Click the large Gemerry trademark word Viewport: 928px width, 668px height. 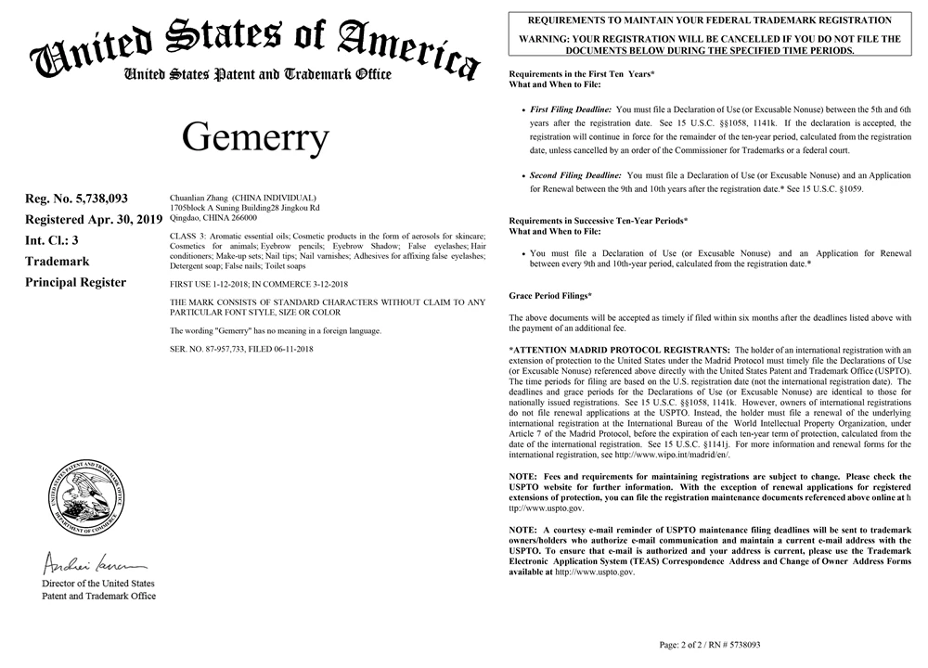click(255, 137)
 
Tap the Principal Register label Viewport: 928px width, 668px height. click(75, 282)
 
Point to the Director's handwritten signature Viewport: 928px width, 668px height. click(91, 563)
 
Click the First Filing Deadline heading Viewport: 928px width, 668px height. click(571, 109)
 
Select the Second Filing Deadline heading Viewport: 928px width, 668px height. click(575, 174)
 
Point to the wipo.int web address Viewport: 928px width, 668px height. click(669, 456)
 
